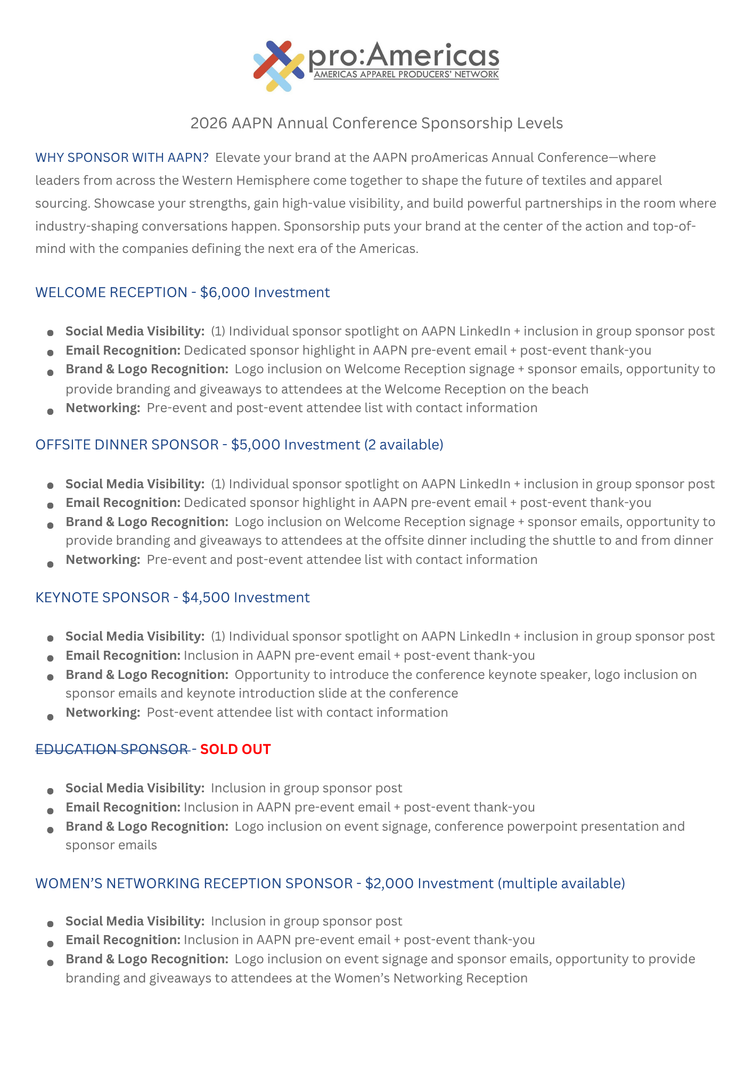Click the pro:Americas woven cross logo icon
[279, 65]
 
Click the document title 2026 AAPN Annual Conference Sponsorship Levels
[376, 123]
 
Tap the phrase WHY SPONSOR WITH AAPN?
[122, 158]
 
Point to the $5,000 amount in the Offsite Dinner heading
[256, 445]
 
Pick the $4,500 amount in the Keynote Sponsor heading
[206, 597]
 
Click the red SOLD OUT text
[235, 749]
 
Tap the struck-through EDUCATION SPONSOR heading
[112, 749]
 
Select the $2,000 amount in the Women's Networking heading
[389, 883]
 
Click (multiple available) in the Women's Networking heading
[561, 883]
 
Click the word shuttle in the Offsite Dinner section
[574, 540]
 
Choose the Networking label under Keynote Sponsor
[103, 712]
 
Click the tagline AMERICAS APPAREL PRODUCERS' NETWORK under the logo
[406, 75]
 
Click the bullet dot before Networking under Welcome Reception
[50, 411]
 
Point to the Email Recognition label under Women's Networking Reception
[123, 940]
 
